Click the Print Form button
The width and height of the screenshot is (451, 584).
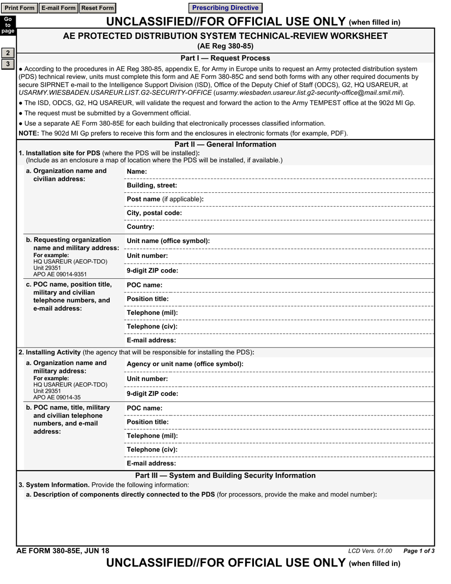click(19, 8)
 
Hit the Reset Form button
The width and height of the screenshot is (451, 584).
click(97, 8)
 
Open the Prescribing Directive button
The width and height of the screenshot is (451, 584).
click(225, 8)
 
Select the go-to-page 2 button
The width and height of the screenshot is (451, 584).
click(8, 53)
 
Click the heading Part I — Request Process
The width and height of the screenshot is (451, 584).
click(225, 58)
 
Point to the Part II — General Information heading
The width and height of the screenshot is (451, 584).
click(225, 144)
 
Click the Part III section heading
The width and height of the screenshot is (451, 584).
click(225, 475)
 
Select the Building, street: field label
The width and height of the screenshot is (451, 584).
click(152, 185)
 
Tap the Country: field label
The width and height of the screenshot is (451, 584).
click(141, 227)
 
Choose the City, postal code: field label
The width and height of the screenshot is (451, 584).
click(154, 213)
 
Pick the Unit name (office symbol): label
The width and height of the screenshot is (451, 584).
click(168, 241)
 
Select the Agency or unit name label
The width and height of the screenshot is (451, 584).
click(185, 364)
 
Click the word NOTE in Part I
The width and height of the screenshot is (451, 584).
click(28, 133)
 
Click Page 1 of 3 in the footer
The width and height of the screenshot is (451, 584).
click(419, 551)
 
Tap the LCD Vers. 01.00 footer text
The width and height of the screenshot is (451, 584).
click(370, 551)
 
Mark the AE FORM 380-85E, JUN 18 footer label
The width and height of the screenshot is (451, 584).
click(63, 551)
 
